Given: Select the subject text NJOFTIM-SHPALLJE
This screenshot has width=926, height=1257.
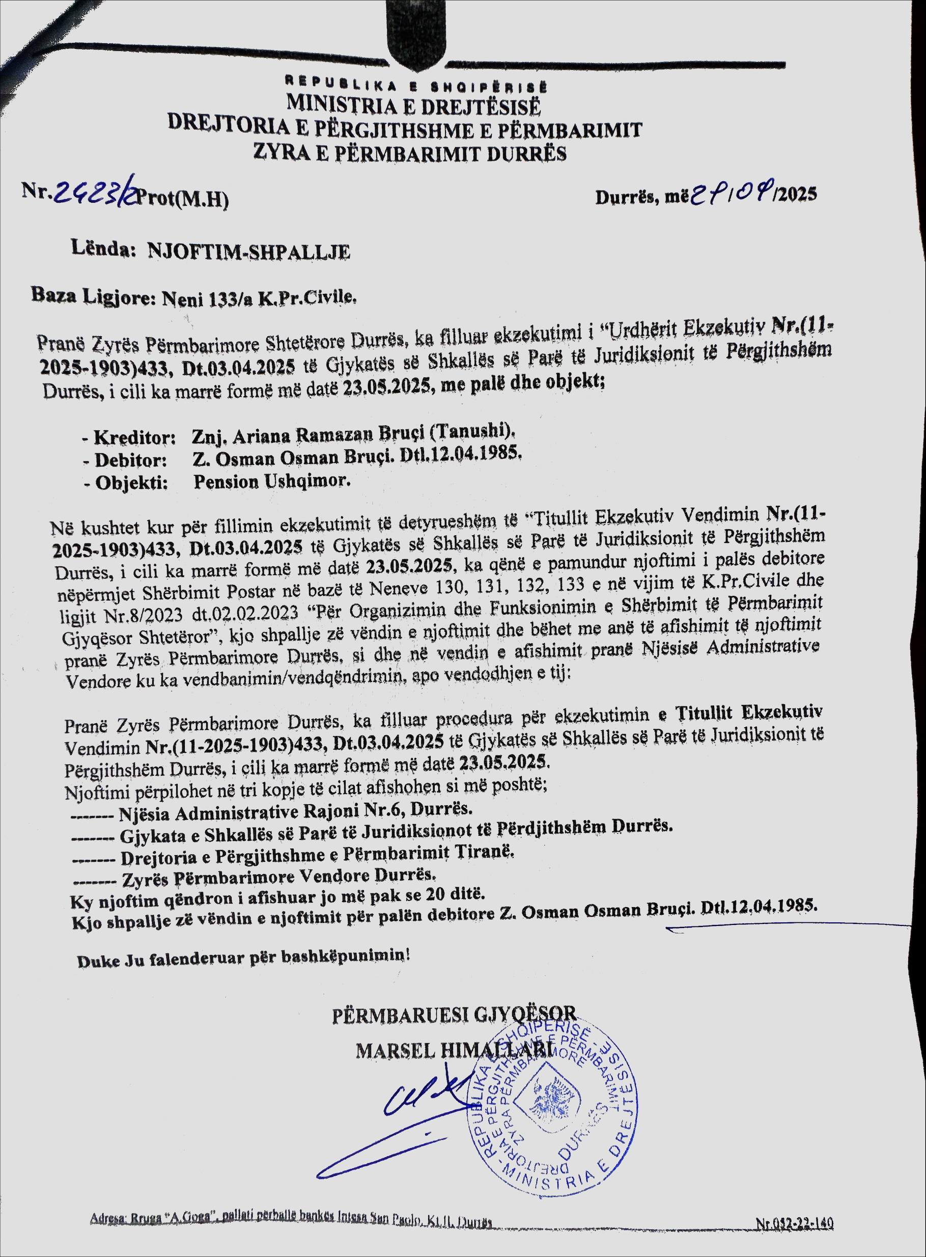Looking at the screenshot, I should (x=249, y=252).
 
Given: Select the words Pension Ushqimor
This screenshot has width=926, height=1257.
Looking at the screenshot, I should (x=272, y=481).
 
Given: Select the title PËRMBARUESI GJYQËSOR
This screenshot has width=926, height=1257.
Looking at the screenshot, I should (x=454, y=1014).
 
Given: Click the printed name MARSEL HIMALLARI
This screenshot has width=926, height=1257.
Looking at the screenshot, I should (x=455, y=1050).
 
